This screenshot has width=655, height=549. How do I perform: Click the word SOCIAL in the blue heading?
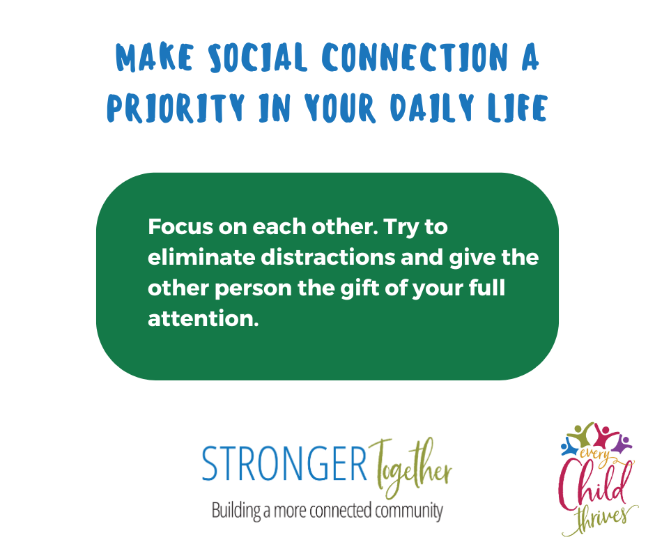coord(258,57)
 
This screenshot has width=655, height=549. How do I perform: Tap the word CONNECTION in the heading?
coord(415,57)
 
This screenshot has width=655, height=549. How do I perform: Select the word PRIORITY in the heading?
coord(176,107)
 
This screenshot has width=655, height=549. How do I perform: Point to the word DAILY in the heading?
coord(433,107)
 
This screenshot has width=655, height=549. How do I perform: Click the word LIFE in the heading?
coord(518,108)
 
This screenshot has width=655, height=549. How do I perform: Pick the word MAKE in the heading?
coord(155,57)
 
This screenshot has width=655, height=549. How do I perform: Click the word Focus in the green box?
coord(180,227)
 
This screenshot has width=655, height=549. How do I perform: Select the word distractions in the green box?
coord(328,257)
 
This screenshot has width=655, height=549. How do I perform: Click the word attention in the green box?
coord(203,319)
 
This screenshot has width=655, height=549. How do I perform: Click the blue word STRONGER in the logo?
coord(284,463)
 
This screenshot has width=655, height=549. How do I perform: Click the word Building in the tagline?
coord(236,511)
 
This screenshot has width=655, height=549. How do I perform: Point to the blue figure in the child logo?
coord(569,447)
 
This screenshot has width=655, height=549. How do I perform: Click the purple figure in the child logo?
coord(623,443)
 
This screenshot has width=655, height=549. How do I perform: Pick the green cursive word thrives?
coord(601,519)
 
